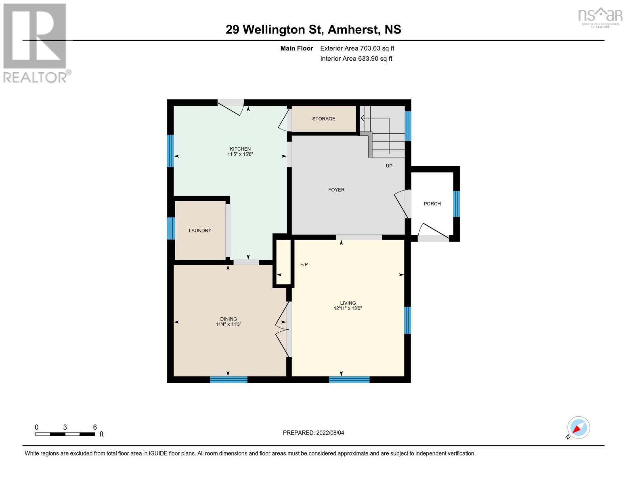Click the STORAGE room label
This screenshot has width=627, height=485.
(x=323, y=119)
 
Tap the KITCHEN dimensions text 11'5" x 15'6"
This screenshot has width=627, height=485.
(x=240, y=154)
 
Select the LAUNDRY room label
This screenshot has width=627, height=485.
(x=200, y=231)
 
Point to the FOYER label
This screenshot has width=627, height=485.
(x=336, y=190)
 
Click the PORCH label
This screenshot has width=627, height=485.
(x=432, y=204)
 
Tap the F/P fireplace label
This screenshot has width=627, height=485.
(x=304, y=265)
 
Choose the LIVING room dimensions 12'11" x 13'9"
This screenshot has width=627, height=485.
(x=348, y=308)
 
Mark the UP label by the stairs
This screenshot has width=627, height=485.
(x=389, y=166)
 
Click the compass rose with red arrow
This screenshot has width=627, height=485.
(x=578, y=428)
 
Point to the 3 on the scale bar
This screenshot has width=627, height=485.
(x=65, y=427)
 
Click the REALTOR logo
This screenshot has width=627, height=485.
(x=36, y=43)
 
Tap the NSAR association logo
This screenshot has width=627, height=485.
(x=600, y=17)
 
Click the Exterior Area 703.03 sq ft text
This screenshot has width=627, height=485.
(x=357, y=48)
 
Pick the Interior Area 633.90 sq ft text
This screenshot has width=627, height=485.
(x=356, y=59)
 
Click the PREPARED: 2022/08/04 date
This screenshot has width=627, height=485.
(x=313, y=433)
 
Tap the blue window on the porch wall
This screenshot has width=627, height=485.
(x=456, y=204)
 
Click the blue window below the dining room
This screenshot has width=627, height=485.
(x=229, y=380)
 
